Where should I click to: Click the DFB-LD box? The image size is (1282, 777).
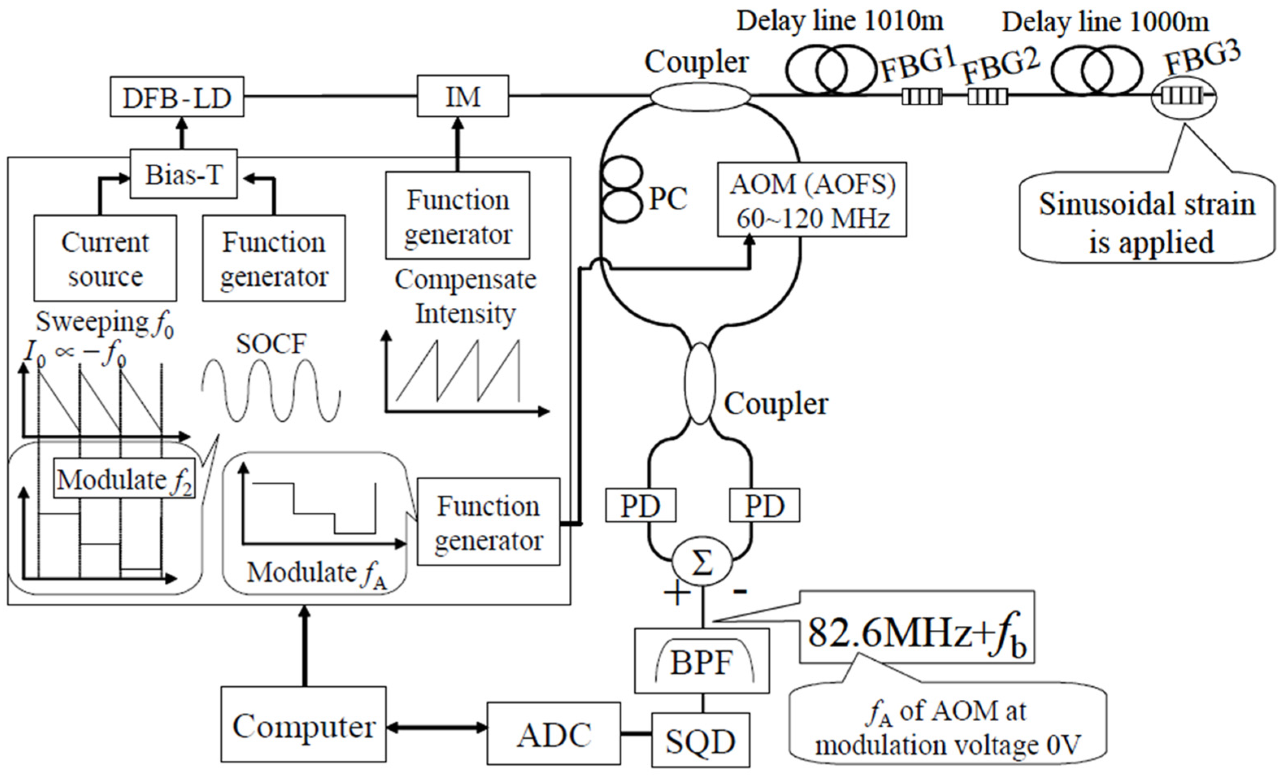click(177, 97)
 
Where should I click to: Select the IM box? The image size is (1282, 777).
click(463, 96)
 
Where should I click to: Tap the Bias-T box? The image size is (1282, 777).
click(183, 174)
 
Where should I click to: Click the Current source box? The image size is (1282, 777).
click(105, 258)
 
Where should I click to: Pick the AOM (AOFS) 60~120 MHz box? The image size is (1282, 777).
click(812, 200)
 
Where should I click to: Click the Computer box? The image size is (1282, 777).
click(303, 725)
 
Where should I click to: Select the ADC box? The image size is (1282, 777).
click(554, 734)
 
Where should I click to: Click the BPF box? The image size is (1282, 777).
click(701, 661)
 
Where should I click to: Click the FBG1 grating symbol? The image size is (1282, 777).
click(921, 97)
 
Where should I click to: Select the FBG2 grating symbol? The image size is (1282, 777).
click(988, 97)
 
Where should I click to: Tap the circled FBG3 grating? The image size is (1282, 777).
click(1183, 96)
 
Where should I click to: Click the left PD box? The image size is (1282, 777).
click(640, 505)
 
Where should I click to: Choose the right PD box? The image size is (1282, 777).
click(764, 505)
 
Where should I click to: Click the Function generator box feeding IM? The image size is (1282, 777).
click(457, 215)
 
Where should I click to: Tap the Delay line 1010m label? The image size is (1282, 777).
click(840, 22)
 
